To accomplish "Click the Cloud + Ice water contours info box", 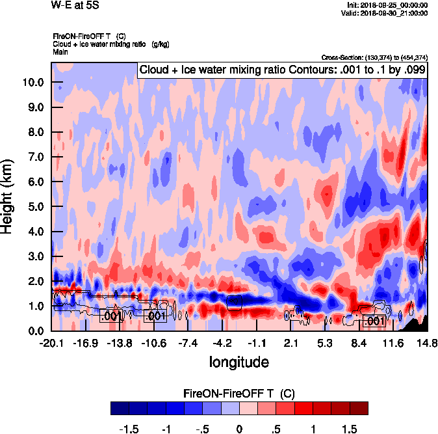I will (x=282, y=70).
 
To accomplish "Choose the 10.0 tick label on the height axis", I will (x=32, y=82).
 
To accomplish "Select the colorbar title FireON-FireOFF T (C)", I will (x=240, y=394).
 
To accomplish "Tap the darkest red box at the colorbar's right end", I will (x=359, y=408).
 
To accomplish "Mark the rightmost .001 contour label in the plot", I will (x=375, y=321).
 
